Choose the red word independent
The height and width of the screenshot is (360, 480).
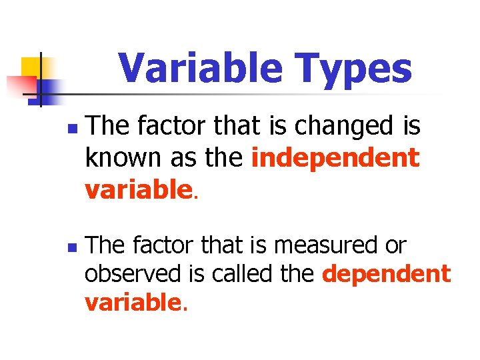336,158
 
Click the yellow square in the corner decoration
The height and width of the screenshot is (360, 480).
31,67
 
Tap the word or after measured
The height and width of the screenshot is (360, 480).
394,245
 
